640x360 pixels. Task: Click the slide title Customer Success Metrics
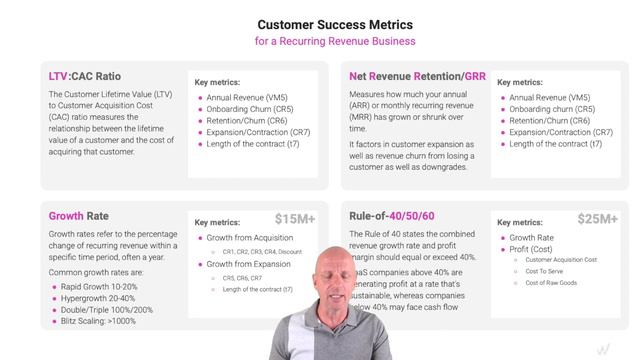click(320, 23)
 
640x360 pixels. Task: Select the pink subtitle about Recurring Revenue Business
click(320, 42)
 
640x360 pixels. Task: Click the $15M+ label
click(296, 218)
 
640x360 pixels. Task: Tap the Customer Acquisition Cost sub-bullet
click(568, 259)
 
